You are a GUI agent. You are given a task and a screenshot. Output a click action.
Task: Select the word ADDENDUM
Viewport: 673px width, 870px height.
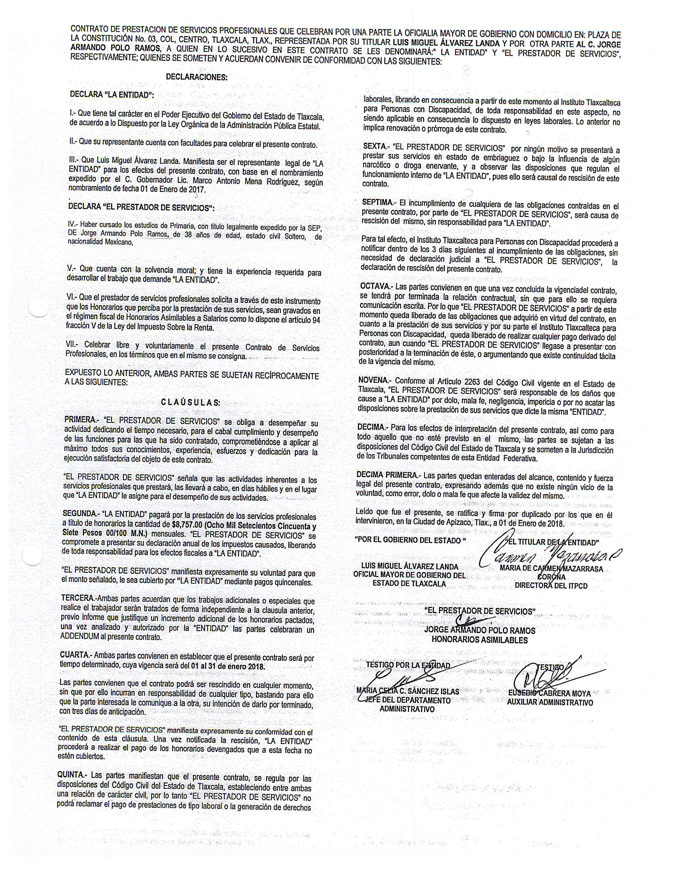point(79,637)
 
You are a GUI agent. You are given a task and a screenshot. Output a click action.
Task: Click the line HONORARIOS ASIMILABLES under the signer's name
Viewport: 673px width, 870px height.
point(479,640)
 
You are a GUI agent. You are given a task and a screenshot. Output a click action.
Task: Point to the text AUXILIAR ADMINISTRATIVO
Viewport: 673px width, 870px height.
point(550,702)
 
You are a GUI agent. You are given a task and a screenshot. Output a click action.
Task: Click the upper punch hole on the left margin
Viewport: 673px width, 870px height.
point(39,307)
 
